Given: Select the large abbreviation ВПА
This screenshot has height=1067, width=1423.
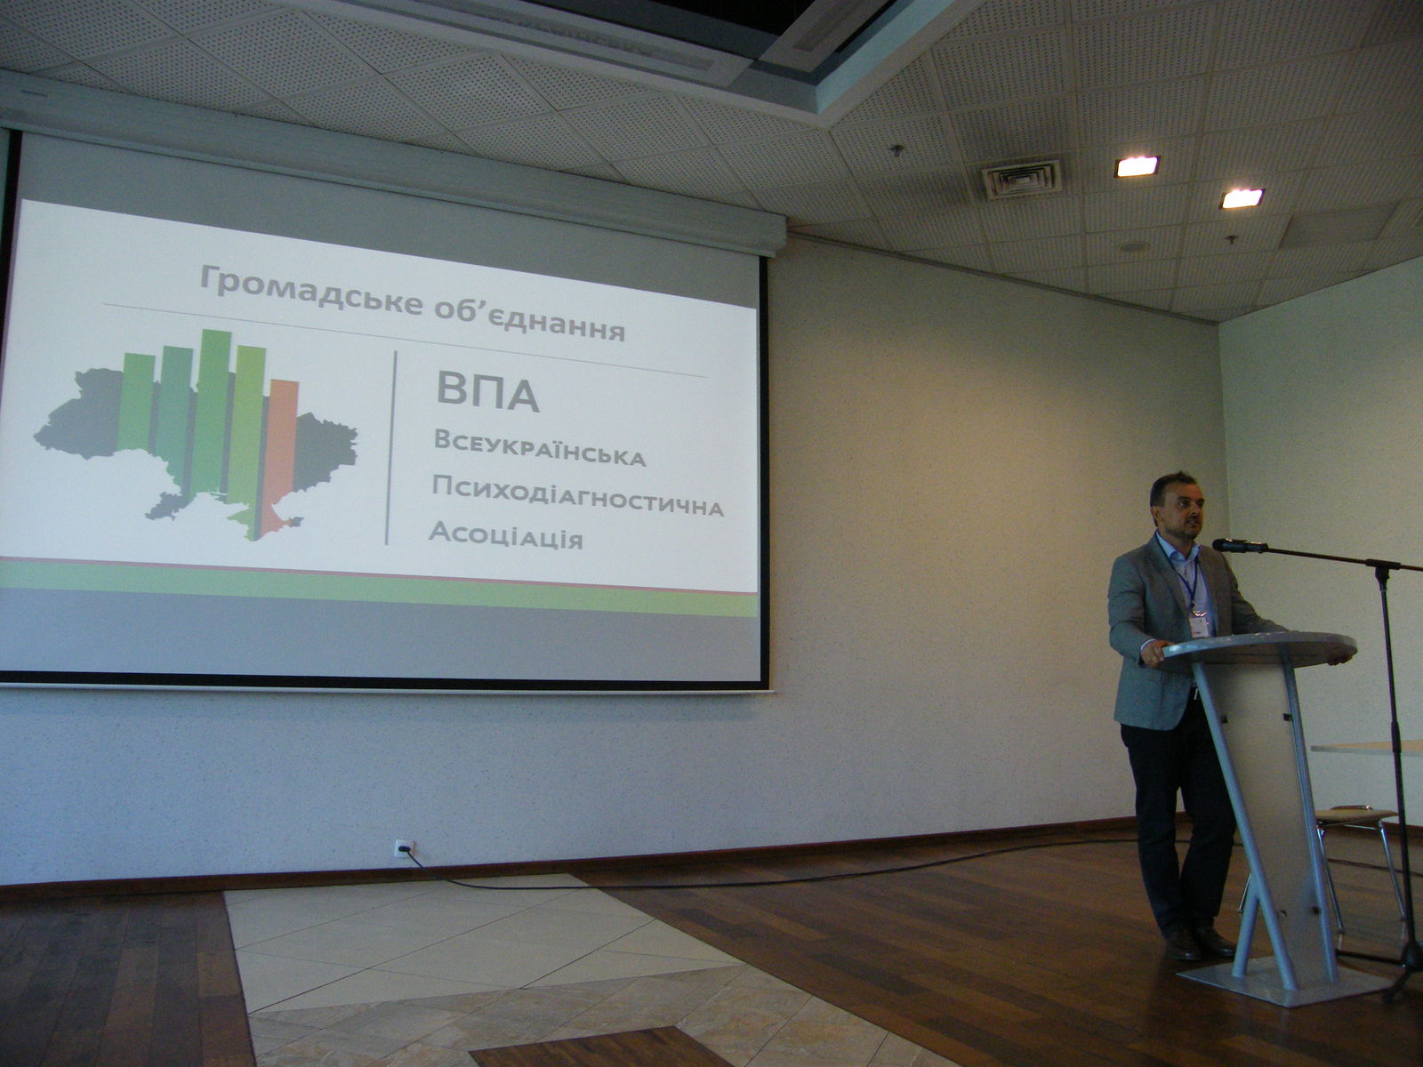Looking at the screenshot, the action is click(x=487, y=393).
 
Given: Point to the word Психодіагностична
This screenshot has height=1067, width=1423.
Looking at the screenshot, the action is click(x=577, y=497).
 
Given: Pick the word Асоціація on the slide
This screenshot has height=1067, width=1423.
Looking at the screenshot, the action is click(x=506, y=536).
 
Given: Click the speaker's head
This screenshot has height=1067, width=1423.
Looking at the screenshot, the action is click(x=1176, y=506).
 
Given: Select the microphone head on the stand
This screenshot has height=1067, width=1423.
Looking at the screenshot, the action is click(x=1239, y=545).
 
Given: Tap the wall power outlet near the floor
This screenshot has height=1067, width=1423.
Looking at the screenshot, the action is click(x=404, y=847).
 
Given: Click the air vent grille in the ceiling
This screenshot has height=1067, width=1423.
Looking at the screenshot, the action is click(x=1020, y=179).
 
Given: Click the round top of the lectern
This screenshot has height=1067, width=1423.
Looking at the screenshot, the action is click(x=1258, y=648).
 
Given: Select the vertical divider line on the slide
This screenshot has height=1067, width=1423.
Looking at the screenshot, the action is click(x=391, y=447).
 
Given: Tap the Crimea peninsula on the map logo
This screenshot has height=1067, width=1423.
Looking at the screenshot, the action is click(x=278, y=525).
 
